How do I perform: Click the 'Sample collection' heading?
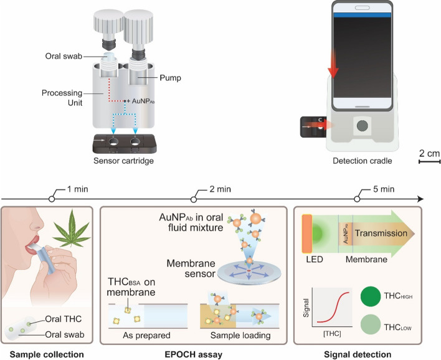[48, 353]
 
